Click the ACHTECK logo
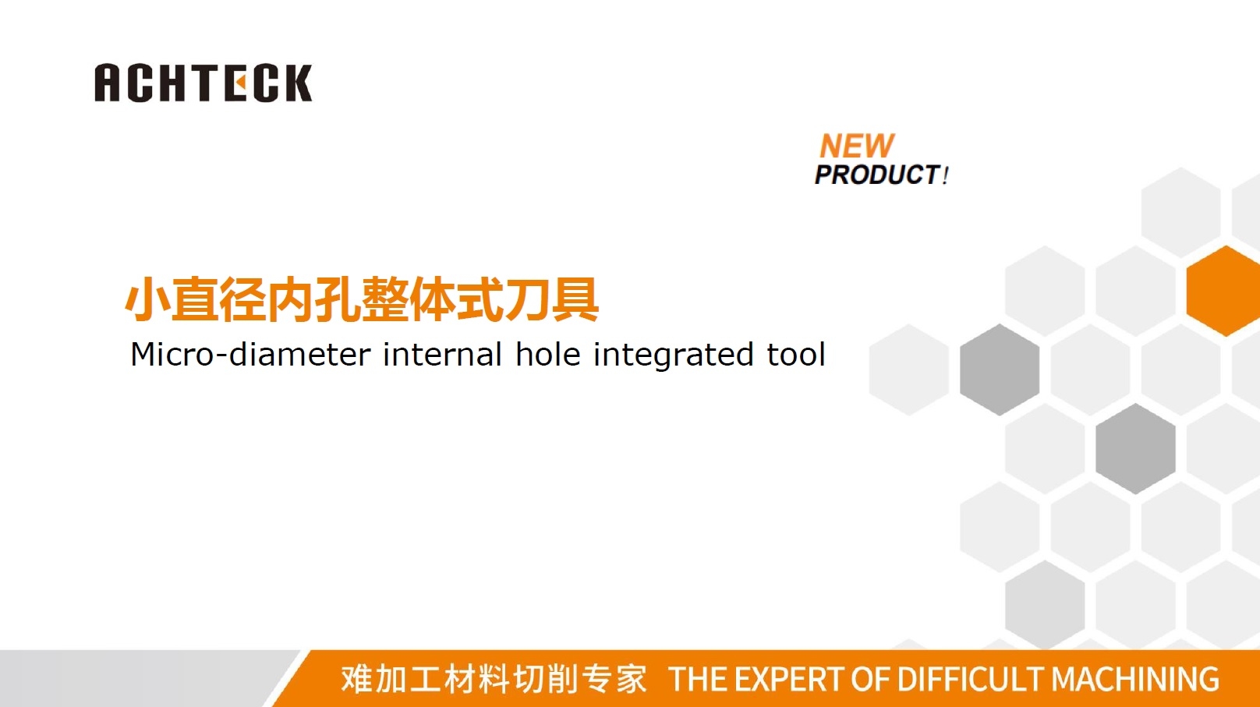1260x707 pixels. [203, 83]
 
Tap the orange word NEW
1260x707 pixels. [857, 146]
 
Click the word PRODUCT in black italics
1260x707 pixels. [877, 175]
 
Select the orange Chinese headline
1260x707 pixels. [362, 299]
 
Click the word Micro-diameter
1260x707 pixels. [250, 355]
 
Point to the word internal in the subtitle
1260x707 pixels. [442, 355]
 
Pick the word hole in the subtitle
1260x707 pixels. [548, 355]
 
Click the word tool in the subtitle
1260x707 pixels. [796, 355]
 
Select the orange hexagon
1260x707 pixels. [1224, 291]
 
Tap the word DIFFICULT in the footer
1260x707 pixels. [970, 679]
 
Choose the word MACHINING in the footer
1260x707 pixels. [1135, 679]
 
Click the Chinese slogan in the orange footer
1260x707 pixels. [494, 679]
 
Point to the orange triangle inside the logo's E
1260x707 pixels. [241, 83]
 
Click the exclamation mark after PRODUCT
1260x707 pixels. [946, 175]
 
